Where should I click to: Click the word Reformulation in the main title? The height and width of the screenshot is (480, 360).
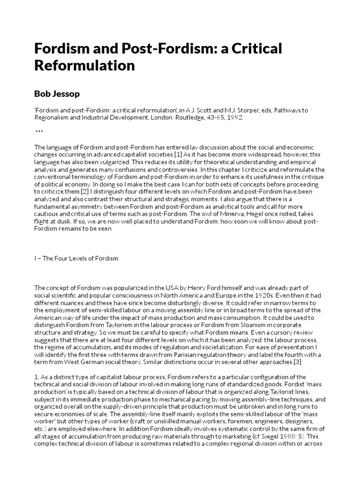(84, 65)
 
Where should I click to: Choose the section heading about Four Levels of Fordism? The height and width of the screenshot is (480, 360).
(76, 258)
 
